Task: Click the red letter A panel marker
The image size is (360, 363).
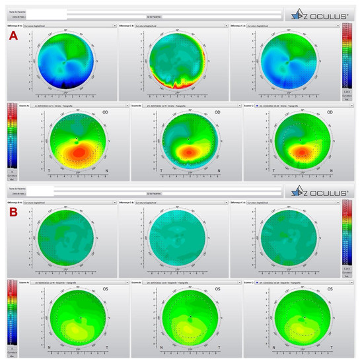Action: coord(13,38)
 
